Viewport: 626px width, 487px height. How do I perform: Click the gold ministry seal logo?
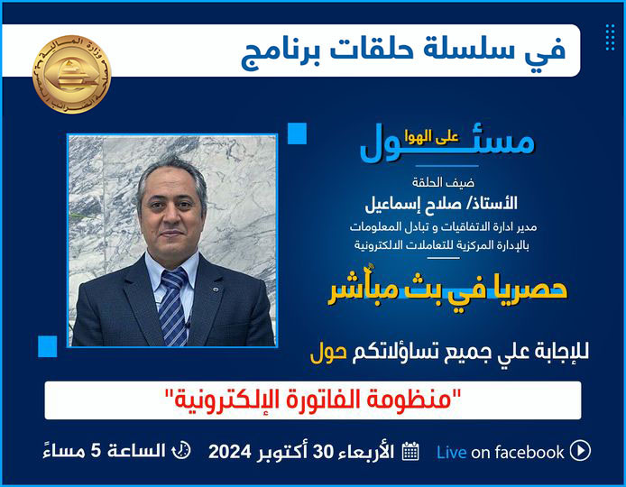coord(72,74)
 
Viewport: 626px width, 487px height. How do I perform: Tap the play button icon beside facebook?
coord(580,451)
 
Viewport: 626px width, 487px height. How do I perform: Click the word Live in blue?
coord(451,452)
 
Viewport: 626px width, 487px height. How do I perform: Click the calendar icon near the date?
coord(410,452)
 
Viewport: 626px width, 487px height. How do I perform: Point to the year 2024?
coord(229,452)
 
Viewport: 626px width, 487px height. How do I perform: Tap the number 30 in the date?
coord(323,452)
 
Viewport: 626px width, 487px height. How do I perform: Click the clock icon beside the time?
coord(181,451)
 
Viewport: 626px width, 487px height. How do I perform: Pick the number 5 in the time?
coord(96,451)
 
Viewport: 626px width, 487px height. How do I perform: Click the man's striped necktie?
coord(173,307)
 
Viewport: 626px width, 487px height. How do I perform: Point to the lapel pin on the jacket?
coord(216,289)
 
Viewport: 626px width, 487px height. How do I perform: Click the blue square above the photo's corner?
coord(297,133)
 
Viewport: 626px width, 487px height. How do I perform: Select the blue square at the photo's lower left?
coord(48,346)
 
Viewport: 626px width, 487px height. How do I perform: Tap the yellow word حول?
coord(328,354)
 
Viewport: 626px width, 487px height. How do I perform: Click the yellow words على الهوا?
coord(431,137)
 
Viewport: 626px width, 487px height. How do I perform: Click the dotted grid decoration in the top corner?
coord(610,38)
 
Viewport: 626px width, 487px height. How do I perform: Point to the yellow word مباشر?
coord(362,289)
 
